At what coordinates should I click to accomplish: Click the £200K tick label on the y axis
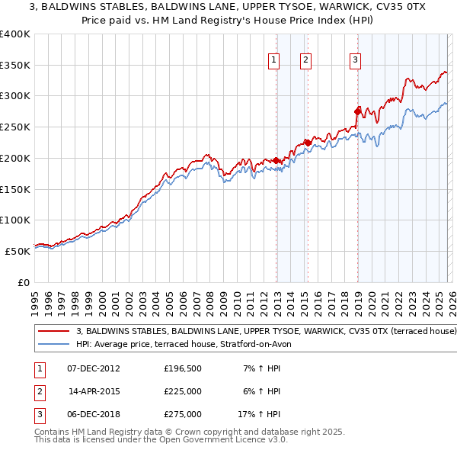(15, 158)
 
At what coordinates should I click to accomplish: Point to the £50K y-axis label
(18, 251)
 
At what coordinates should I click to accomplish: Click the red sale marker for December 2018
(357, 111)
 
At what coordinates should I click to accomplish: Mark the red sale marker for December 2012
(276, 160)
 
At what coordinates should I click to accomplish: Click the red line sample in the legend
(53, 332)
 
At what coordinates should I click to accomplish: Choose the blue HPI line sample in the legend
(53, 344)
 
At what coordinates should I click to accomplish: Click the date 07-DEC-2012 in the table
(94, 368)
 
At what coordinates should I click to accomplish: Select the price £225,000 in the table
(183, 391)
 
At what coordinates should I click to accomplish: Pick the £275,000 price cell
(183, 414)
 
